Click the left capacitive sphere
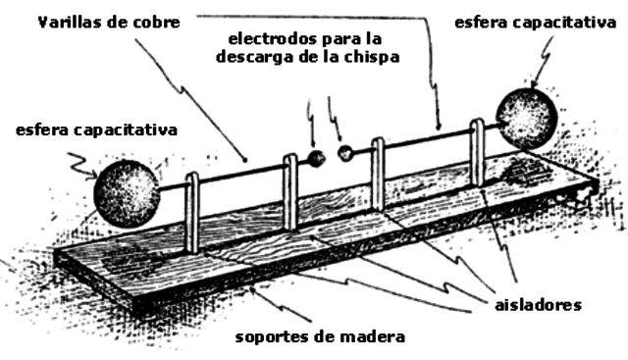tap(127, 192)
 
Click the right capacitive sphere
tap(530, 117)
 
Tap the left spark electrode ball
tap(316, 159)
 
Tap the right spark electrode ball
tap(344, 153)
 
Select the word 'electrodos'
tap(268, 40)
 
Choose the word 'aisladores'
tap(537, 305)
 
